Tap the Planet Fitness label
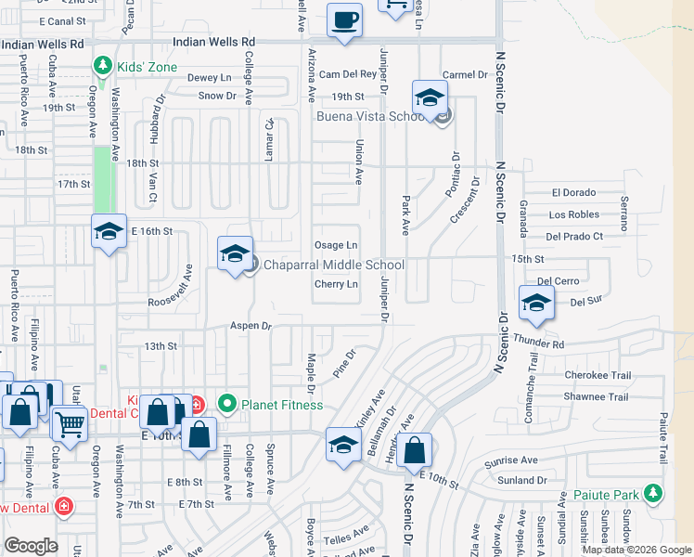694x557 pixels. (x=281, y=404)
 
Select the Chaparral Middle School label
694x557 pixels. (x=334, y=266)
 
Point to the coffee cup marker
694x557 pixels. (x=345, y=20)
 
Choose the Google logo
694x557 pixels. (x=31, y=546)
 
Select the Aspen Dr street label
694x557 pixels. (x=251, y=327)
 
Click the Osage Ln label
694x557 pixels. (x=337, y=245)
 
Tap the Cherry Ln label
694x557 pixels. (x=336, y=284)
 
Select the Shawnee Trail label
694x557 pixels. (x=596, y=397)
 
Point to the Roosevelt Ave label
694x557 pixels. (x=171, y=287)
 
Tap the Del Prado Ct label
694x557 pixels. (x=574, y=237)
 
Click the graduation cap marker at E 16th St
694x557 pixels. (x=109, y=232)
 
